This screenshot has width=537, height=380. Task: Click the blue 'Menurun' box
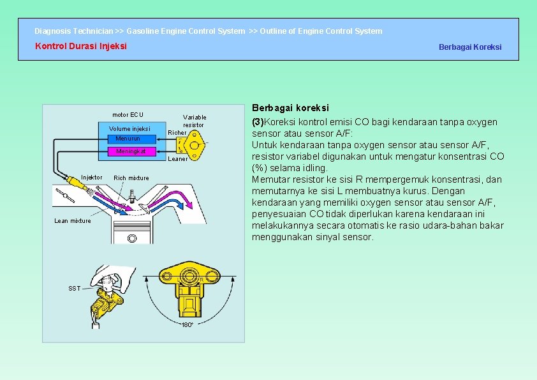tap(128, 139)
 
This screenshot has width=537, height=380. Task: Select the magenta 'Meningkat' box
tap(131, 151)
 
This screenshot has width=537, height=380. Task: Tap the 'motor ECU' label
tap(128, 115)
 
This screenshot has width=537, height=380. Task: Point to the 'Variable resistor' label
tap(195, 121)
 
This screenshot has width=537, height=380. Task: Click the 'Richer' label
tap(177, 133)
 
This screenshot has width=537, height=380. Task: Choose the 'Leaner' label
tap(177, 159)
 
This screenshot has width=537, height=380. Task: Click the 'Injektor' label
tap(91, 178)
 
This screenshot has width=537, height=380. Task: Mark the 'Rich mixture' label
tap(131, 178)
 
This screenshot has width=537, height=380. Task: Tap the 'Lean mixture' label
tap(72, 221)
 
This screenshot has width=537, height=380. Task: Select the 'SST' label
tap(75, 289)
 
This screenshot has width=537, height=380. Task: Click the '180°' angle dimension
tap(187, 325)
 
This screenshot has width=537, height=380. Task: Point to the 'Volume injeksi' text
tap(129, 129)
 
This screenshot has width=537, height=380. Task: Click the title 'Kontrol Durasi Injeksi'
tap(80, 46)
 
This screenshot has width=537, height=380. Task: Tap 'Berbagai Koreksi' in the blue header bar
tap(470, 47)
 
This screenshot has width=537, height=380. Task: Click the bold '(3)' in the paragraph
tap(258, 122)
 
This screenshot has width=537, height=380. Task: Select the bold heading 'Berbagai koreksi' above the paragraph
tap(290, 109)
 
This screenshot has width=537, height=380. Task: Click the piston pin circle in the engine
tap(131, 238)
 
